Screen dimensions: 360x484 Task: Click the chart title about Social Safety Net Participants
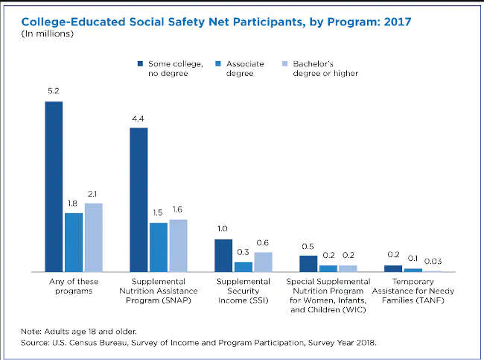click(x=215, y=22)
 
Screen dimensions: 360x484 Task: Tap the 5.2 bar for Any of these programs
click(x=54, y=186)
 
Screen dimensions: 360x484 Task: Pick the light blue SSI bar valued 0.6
click(x=263, y=262)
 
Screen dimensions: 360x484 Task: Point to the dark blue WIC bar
click(x=308, y=264)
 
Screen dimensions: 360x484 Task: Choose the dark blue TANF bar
click(x=393, y=268)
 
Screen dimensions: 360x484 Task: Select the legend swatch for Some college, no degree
click(x=141, y=64)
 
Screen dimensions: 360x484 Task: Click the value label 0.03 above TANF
click(x=433, y=261)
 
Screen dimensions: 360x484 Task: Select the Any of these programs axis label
click(x=74, y=286)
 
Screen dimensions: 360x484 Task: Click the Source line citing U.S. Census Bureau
click(x=199, y=343)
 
